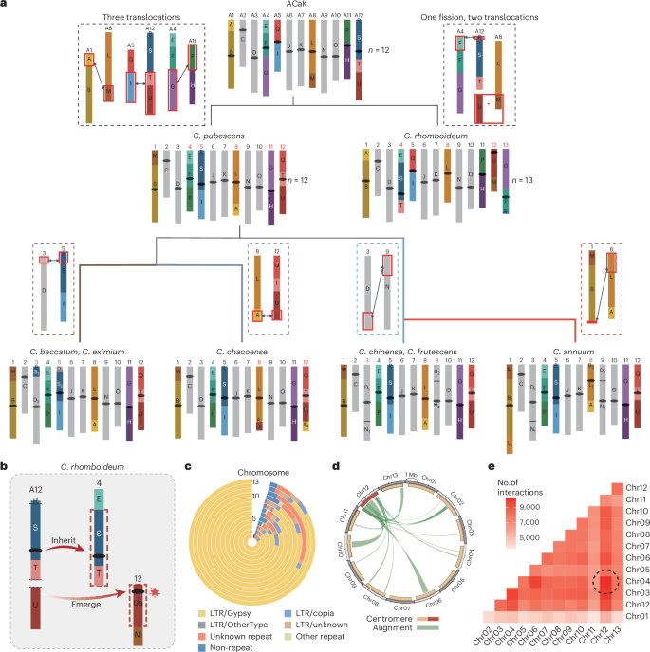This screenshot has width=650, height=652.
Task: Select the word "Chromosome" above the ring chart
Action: (x=251, y=470)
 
